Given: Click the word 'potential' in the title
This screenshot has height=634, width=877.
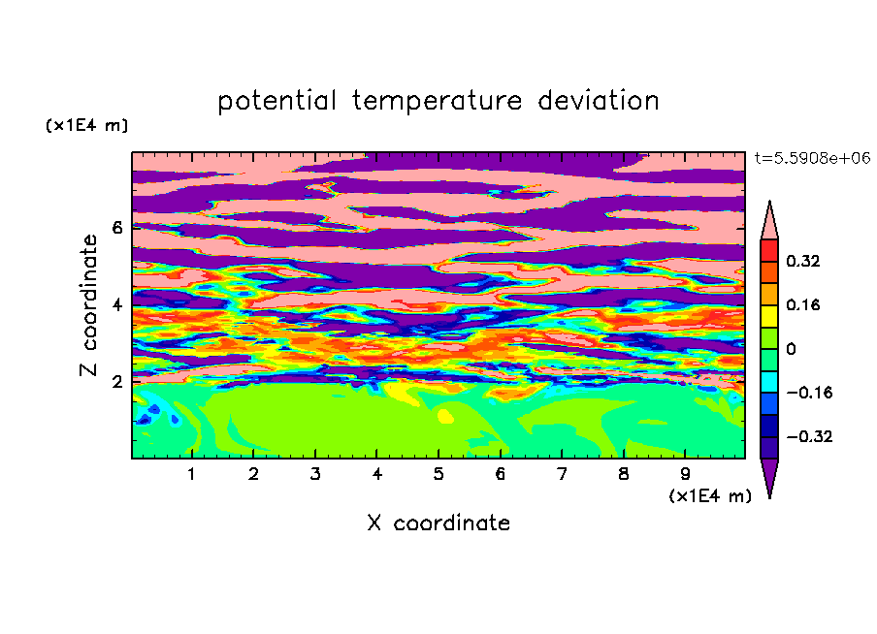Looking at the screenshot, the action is (x=276, y=101).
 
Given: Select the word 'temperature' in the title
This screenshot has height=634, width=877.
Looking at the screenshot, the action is (x=437, y=101).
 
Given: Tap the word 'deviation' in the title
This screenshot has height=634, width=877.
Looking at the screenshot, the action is (x=598, y=101).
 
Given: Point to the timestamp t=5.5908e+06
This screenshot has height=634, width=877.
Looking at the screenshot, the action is (x=812, y=158).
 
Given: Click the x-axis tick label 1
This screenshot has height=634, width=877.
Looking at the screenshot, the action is (x=191, y=474).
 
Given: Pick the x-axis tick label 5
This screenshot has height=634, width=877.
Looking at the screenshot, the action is (x=438, y=474).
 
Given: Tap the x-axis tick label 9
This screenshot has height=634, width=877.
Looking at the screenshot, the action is (x=685, y=474).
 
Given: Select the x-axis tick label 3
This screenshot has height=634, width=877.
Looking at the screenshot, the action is (x=315, y=474).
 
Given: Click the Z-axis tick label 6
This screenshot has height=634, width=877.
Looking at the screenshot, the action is (x=116, y=228).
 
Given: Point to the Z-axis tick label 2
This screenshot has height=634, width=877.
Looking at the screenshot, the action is (x=116, y=382).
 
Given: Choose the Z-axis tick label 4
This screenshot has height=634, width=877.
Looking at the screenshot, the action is (x=116, y=304).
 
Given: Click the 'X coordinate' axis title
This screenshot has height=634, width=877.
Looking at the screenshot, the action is (x=438, y=523).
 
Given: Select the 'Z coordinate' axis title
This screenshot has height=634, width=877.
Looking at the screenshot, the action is (x=88, y=304).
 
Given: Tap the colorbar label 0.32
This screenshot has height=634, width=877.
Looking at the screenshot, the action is (x=803, y=261).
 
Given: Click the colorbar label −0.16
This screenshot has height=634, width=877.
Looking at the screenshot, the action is (x=809, y=393).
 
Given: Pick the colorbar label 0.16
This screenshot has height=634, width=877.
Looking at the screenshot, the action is (x=803, y=304).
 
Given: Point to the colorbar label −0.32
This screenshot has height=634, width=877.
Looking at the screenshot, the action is (x=809, y=436).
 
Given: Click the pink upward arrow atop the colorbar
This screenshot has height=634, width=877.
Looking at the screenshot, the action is (x=769, y=221).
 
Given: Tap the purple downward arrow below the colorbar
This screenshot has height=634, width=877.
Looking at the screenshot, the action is (x=769, y=476).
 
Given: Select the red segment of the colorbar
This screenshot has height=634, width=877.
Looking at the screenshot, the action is (x=769, y=251).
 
